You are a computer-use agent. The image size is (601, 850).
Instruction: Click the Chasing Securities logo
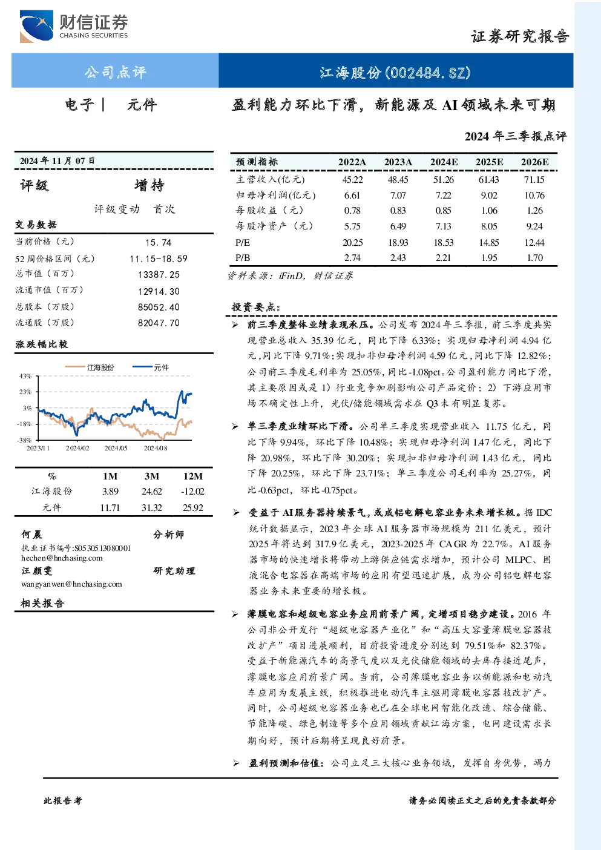74,26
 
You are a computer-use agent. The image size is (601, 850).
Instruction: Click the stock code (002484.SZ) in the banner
428,73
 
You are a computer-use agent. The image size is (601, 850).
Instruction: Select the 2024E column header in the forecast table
444,162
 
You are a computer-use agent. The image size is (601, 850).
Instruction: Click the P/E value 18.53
443,243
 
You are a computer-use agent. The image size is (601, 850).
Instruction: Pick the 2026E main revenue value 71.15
534,179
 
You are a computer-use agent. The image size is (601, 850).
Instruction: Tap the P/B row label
243,258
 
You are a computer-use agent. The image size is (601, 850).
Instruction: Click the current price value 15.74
158,243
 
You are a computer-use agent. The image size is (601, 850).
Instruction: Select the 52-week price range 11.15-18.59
158,259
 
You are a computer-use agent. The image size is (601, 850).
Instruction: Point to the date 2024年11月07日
57,161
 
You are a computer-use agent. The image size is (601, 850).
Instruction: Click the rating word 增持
149,185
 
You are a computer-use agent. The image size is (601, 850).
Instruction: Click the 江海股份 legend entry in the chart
90,367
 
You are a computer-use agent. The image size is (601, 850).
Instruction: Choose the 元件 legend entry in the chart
151,367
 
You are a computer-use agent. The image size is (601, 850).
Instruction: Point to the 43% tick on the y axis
25,376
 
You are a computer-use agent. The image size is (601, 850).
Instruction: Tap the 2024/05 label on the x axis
116,448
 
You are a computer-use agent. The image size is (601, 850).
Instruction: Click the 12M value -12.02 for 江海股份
192,492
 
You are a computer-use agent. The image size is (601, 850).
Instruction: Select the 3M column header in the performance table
152,476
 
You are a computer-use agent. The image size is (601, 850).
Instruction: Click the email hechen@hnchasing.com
62,558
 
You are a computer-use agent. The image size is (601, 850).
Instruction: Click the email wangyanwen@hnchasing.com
71,584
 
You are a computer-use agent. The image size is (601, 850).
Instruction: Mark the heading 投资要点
256,307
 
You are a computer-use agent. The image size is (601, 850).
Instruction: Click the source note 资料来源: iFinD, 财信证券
291,276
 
